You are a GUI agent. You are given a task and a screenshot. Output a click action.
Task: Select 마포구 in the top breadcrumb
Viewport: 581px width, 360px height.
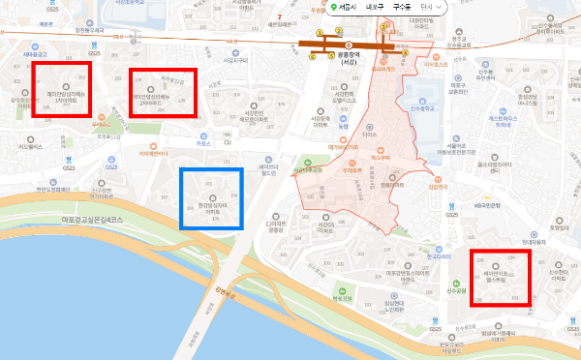376,8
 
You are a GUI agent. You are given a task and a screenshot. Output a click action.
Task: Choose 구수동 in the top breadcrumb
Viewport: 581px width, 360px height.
402,8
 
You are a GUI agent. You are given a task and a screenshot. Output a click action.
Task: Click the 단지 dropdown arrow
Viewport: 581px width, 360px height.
441,8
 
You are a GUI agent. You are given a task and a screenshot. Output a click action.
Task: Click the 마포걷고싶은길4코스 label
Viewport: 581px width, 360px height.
97,221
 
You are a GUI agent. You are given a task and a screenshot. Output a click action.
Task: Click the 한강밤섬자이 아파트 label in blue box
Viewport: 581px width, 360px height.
211,206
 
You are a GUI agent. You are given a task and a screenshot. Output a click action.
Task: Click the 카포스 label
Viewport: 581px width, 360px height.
202,143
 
